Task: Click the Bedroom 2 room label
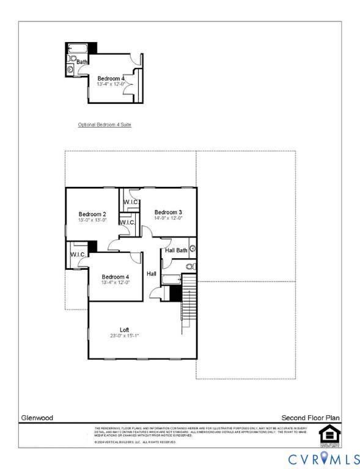pyautogui.click(x=92, y=214)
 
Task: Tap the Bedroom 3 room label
pyautogui.click(x=168, y=212)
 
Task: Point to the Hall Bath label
pyautogui.click(x=175, y=250)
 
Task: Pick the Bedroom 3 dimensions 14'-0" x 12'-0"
pyautogui.click(x=168, y=218)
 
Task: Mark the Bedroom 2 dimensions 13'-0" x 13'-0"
pyautogui.click(x=92, y=220)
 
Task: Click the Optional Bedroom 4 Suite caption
pyautogui.click(x=105, y=125)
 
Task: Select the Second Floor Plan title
pyautogui.click(x=310, y=418)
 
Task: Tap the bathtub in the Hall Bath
pyautogui.click(x=172, y=280)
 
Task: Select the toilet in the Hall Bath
pyautogui.click(x=189, y=267)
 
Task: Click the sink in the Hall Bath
pyautogui.click(x=192, y=249)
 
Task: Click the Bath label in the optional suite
pyautogui.click(x=82, y=62)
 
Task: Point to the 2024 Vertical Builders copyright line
pyautogui.click(x=136, y=442)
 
